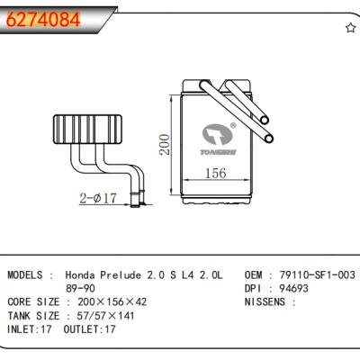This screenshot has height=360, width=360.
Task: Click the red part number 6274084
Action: pos(43,20)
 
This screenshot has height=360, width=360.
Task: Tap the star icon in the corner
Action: pos(350,28)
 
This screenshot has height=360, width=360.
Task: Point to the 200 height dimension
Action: pos(165,145)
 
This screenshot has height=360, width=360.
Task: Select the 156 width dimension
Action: pos(215,173)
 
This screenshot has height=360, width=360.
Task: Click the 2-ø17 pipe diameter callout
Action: pos(98,198)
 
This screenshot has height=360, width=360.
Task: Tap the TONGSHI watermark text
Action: pos(218,152)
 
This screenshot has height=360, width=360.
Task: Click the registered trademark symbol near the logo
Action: pos(233,125)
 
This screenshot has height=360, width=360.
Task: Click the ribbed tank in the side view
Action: pos(87,129)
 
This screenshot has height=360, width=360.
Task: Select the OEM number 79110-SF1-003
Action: pos(317,274)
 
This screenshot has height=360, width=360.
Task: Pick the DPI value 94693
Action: pos(293,288)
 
